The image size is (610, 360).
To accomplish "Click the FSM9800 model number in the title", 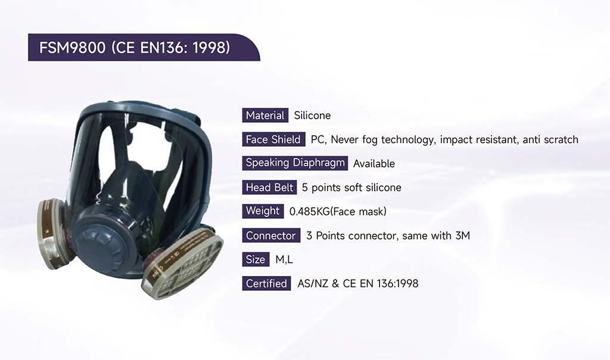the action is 72,48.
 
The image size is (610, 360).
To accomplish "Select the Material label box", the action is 265,116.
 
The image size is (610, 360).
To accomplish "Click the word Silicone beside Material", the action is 312,116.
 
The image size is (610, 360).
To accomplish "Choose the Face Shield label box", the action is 273,139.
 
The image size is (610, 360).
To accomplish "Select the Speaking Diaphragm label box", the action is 295,163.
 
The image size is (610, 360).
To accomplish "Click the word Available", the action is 374,163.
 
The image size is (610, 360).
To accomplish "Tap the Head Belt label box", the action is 269,187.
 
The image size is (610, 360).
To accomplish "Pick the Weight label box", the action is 263,211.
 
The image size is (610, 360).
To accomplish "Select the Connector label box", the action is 271,235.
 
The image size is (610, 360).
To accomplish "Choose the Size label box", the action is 256,259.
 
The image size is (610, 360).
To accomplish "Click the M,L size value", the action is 284,260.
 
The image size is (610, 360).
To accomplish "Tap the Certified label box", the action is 266,283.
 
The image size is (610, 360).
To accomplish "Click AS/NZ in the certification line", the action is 313,283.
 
